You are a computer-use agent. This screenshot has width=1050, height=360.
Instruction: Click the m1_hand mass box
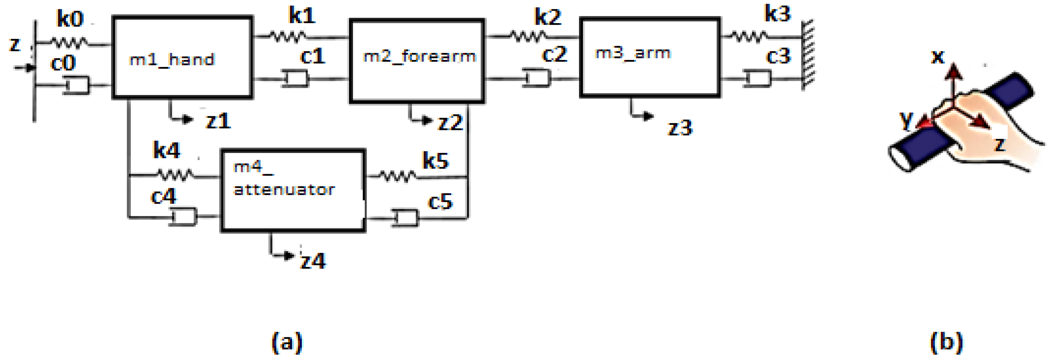182,57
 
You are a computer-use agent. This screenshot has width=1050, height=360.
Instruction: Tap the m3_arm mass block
650,57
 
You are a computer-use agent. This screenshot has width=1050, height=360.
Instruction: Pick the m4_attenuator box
293,191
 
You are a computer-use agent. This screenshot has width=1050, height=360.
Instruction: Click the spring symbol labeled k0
69,42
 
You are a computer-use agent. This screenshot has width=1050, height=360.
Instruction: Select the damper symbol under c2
537,78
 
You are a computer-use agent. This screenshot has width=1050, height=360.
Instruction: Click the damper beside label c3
757,78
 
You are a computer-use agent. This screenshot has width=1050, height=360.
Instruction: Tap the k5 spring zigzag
398,176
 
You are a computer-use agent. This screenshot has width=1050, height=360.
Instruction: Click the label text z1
218,121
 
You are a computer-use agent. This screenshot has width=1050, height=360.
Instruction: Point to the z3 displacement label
680,128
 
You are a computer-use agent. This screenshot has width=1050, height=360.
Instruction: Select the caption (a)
287,342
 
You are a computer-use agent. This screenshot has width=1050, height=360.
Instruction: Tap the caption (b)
947,342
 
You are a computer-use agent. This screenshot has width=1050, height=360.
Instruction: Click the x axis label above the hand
937,57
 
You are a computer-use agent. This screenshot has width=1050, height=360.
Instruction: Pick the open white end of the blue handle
900,158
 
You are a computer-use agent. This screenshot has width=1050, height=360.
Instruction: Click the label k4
166,150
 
